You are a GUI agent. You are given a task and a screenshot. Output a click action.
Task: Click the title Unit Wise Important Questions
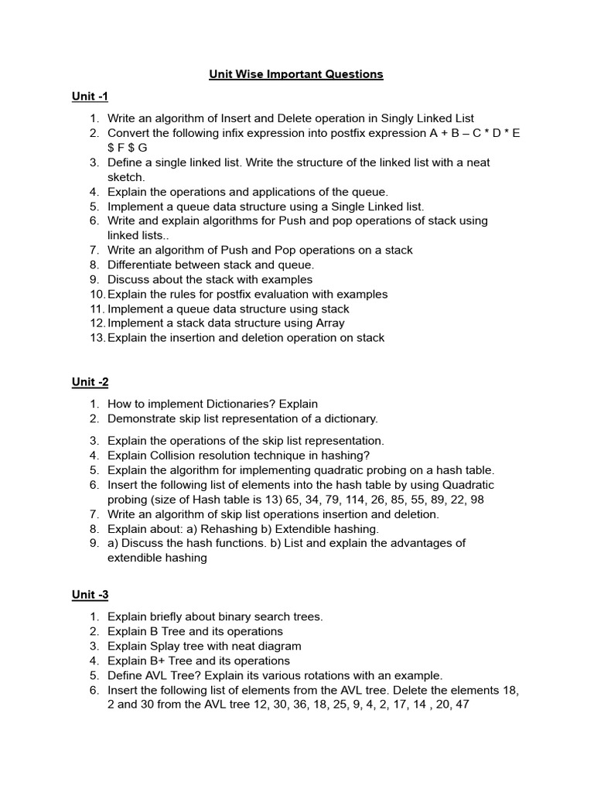point(296,74)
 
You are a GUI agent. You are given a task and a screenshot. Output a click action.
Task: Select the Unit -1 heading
point(90,97)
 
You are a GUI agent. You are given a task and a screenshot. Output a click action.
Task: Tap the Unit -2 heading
point(90,382)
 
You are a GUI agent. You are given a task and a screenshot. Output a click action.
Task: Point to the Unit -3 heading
point(90,595)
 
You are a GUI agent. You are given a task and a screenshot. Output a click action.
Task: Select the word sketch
point(126,177)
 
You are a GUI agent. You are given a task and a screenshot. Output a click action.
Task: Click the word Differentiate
point(141,265)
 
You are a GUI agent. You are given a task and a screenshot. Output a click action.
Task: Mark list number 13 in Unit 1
point(97,338)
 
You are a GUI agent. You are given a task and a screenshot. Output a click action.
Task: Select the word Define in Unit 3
point(125,675)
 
